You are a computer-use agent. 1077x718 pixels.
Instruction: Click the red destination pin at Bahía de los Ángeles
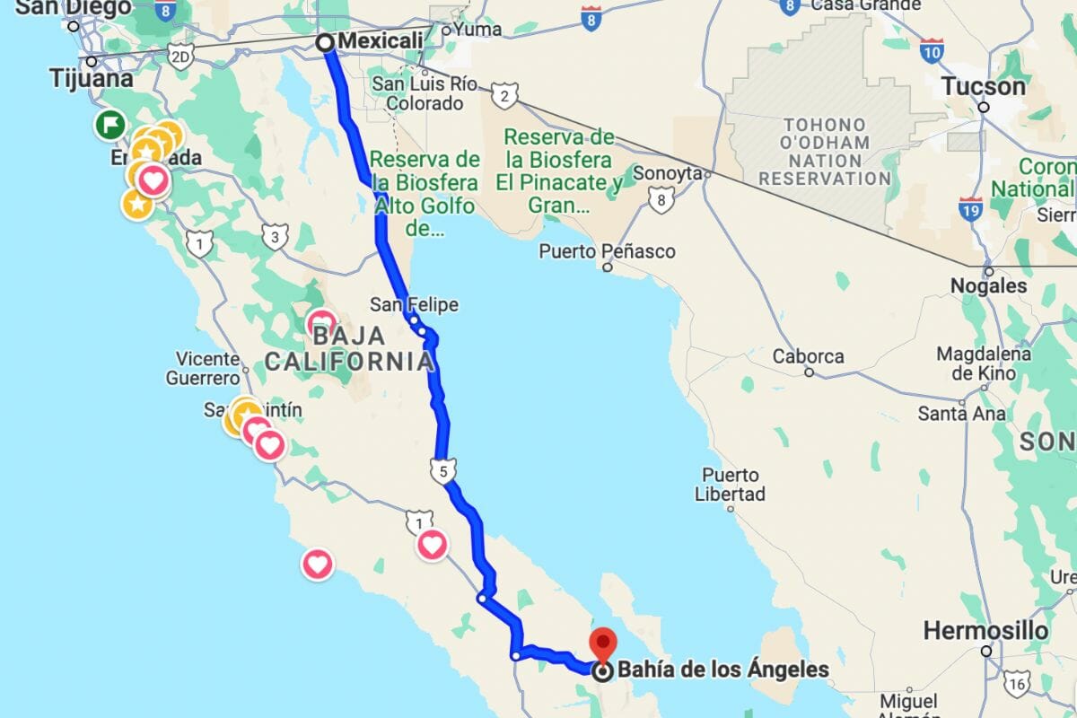602,644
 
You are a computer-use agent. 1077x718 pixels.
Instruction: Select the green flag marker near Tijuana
110,125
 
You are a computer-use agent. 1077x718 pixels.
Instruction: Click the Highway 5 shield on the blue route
442,469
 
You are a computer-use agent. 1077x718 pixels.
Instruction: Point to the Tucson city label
983,87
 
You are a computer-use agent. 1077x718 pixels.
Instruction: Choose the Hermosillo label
985,630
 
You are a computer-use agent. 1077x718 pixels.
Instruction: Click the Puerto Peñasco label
607,251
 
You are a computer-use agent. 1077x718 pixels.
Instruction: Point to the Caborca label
809,356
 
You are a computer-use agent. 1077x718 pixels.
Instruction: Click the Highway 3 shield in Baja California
275,237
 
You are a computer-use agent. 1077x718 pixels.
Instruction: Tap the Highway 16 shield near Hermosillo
1017,685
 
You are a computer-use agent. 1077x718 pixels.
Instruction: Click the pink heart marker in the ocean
317,565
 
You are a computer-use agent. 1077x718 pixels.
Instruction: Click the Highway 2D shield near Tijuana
180,57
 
